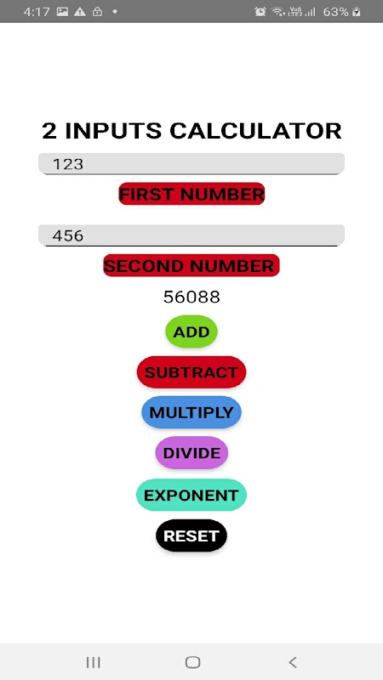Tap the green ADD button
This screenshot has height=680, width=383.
[191, 331]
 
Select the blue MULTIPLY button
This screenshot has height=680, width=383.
[191, 412]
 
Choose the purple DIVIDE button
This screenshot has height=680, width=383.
[191, 452]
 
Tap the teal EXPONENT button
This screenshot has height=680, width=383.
[191, 495]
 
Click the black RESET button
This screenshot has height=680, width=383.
[191, 535]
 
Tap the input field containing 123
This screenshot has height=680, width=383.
[191, 163]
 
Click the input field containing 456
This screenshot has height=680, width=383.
[191, 235]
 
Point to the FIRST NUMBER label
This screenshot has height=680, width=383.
[191, 194]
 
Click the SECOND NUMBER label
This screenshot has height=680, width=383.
[191, 265]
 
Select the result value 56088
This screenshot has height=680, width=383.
[191, 297]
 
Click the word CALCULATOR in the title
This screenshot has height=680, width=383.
[255, 131]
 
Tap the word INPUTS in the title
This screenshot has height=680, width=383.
[113, 131]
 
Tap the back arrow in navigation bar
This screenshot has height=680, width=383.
[293, 662]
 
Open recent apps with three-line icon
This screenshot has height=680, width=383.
[94, 662]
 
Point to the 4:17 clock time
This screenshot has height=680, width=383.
[37, 12]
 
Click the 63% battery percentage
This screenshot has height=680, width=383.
[335, 12]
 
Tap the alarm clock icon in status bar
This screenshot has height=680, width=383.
[260, 12]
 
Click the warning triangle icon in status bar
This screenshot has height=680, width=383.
[80, 12]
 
